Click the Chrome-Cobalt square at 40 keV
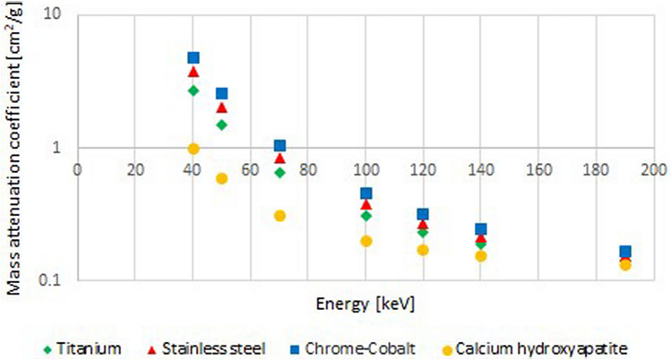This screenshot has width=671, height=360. point(193,58)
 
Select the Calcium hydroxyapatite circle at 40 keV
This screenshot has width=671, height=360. point(193,149)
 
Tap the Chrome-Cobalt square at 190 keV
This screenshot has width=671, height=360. point(625,253)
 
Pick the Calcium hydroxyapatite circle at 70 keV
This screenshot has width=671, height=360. point(280,216)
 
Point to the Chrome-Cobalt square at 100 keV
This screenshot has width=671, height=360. point(366,193)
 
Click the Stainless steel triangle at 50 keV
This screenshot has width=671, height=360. point(221,107)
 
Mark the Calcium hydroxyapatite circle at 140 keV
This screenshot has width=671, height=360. point(481,256)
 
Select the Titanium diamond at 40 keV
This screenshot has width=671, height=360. point(193,90)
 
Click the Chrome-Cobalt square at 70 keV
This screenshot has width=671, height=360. point(280,146)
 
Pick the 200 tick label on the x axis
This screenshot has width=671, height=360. point(654,167)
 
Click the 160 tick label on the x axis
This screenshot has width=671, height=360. point(538,167)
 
